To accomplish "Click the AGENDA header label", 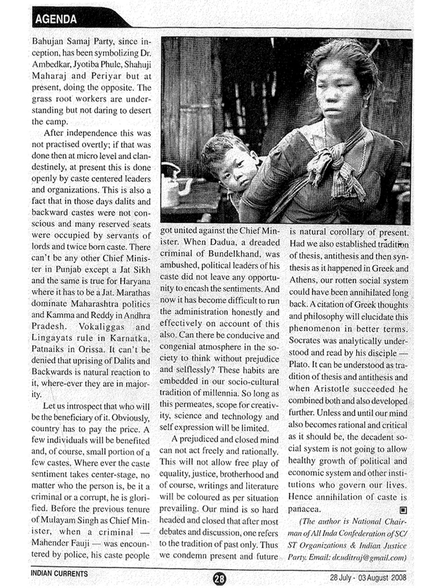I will (x=56, y=19).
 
